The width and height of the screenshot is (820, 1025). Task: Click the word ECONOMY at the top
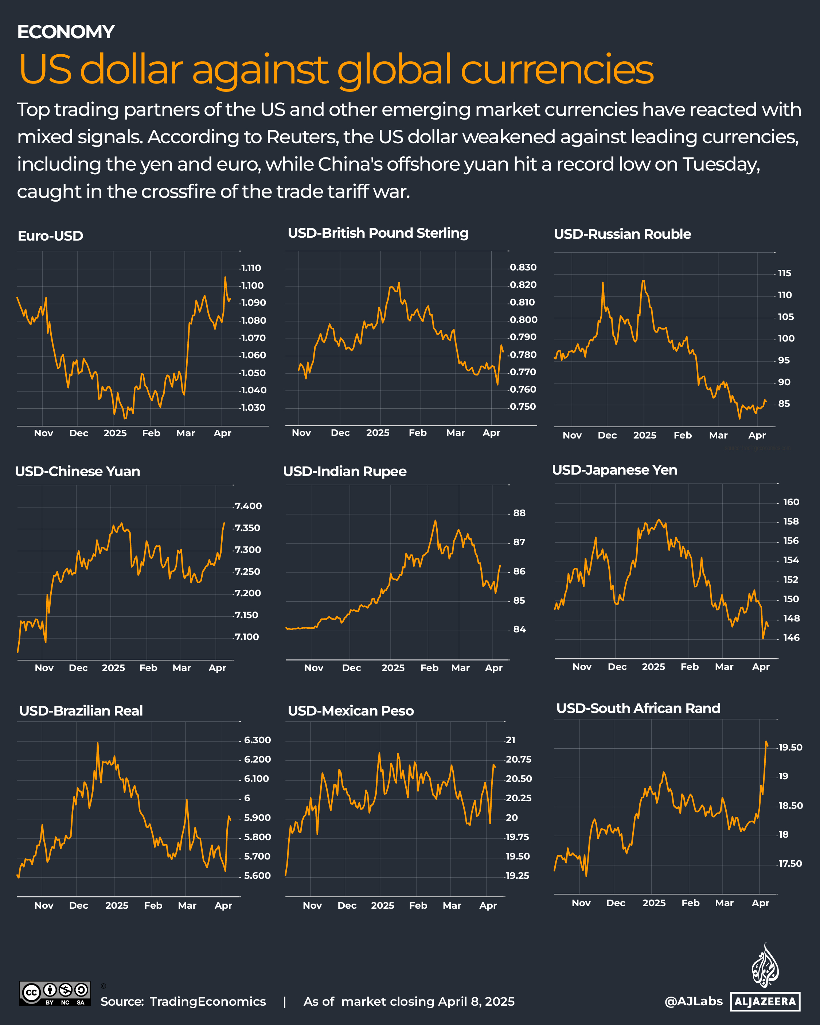coord(66,32)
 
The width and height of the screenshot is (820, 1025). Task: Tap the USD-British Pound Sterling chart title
coord(378,233)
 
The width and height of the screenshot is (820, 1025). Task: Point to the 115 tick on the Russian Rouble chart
coord(784,273)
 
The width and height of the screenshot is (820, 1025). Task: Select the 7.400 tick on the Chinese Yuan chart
coord(248,506)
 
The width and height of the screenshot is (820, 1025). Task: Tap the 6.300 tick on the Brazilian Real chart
coord(257,740)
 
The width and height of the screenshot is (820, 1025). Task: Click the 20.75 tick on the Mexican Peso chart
coord(518,759)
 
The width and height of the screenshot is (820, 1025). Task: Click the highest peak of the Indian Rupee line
coord(436,521)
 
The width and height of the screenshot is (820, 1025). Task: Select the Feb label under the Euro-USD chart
coord(151,433)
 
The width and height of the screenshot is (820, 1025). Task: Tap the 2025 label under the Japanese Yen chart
coord(653,667)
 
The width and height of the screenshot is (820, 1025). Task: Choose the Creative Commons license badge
coord(55,993)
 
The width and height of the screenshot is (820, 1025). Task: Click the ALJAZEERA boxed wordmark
coord(765,1002)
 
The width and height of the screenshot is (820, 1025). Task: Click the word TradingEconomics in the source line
coord(208,1001)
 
